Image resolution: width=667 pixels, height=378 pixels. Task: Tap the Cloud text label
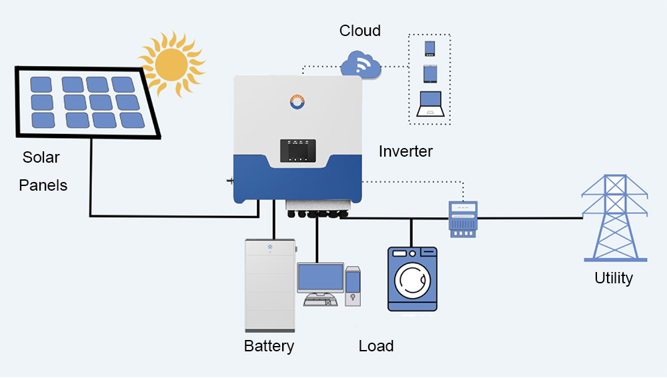(x=360, y=31)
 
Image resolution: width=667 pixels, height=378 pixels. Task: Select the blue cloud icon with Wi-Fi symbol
(x=361, y=65)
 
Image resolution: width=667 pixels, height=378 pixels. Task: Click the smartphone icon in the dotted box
(x=430, y=49)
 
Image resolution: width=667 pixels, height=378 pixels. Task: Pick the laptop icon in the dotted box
(x=430, y=103)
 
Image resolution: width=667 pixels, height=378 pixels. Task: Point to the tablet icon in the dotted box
(x=430, y=73)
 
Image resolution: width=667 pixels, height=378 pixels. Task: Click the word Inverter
(x=406, y=151)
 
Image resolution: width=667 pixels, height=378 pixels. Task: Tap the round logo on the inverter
(x=297, y=102)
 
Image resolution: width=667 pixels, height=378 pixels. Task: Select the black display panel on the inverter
(x=297, y=151)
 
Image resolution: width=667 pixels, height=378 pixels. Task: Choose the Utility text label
(x=614, y=278)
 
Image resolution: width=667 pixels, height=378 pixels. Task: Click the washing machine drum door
(x=412, y=281)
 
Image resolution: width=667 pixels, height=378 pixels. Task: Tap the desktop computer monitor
(x=320, y=277)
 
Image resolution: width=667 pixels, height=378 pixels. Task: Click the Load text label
(x=376, y=346)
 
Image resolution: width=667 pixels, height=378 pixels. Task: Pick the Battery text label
(x=269, y=346)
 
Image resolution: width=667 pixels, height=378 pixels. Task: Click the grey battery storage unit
(x=270, y=285)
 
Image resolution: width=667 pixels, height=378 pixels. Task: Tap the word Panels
(x=43, y=185)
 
